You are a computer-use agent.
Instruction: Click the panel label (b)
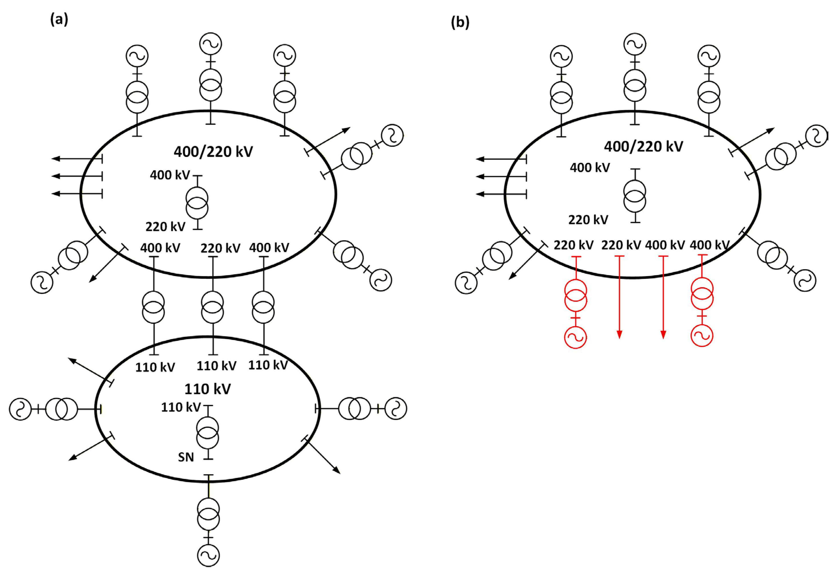[460, 23]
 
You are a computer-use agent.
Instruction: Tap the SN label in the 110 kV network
[186, 457]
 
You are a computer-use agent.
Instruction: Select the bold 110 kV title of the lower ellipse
[207, 389]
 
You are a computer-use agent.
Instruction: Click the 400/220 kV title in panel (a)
[213, 151]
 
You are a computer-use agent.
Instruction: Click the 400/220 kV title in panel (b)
[643, 146]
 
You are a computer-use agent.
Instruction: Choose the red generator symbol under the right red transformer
[702, 335]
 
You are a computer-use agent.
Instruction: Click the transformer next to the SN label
[207, 432]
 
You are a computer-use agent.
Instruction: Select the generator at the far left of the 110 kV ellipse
[20, 409]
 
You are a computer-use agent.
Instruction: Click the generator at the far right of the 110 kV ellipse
[396, 409]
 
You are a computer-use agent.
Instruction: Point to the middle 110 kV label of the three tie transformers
[216, 366]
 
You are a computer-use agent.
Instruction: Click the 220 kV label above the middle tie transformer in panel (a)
[220, 248]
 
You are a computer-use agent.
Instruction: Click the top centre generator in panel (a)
[211, 44]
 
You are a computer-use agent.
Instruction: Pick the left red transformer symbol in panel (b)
[575, 297]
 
